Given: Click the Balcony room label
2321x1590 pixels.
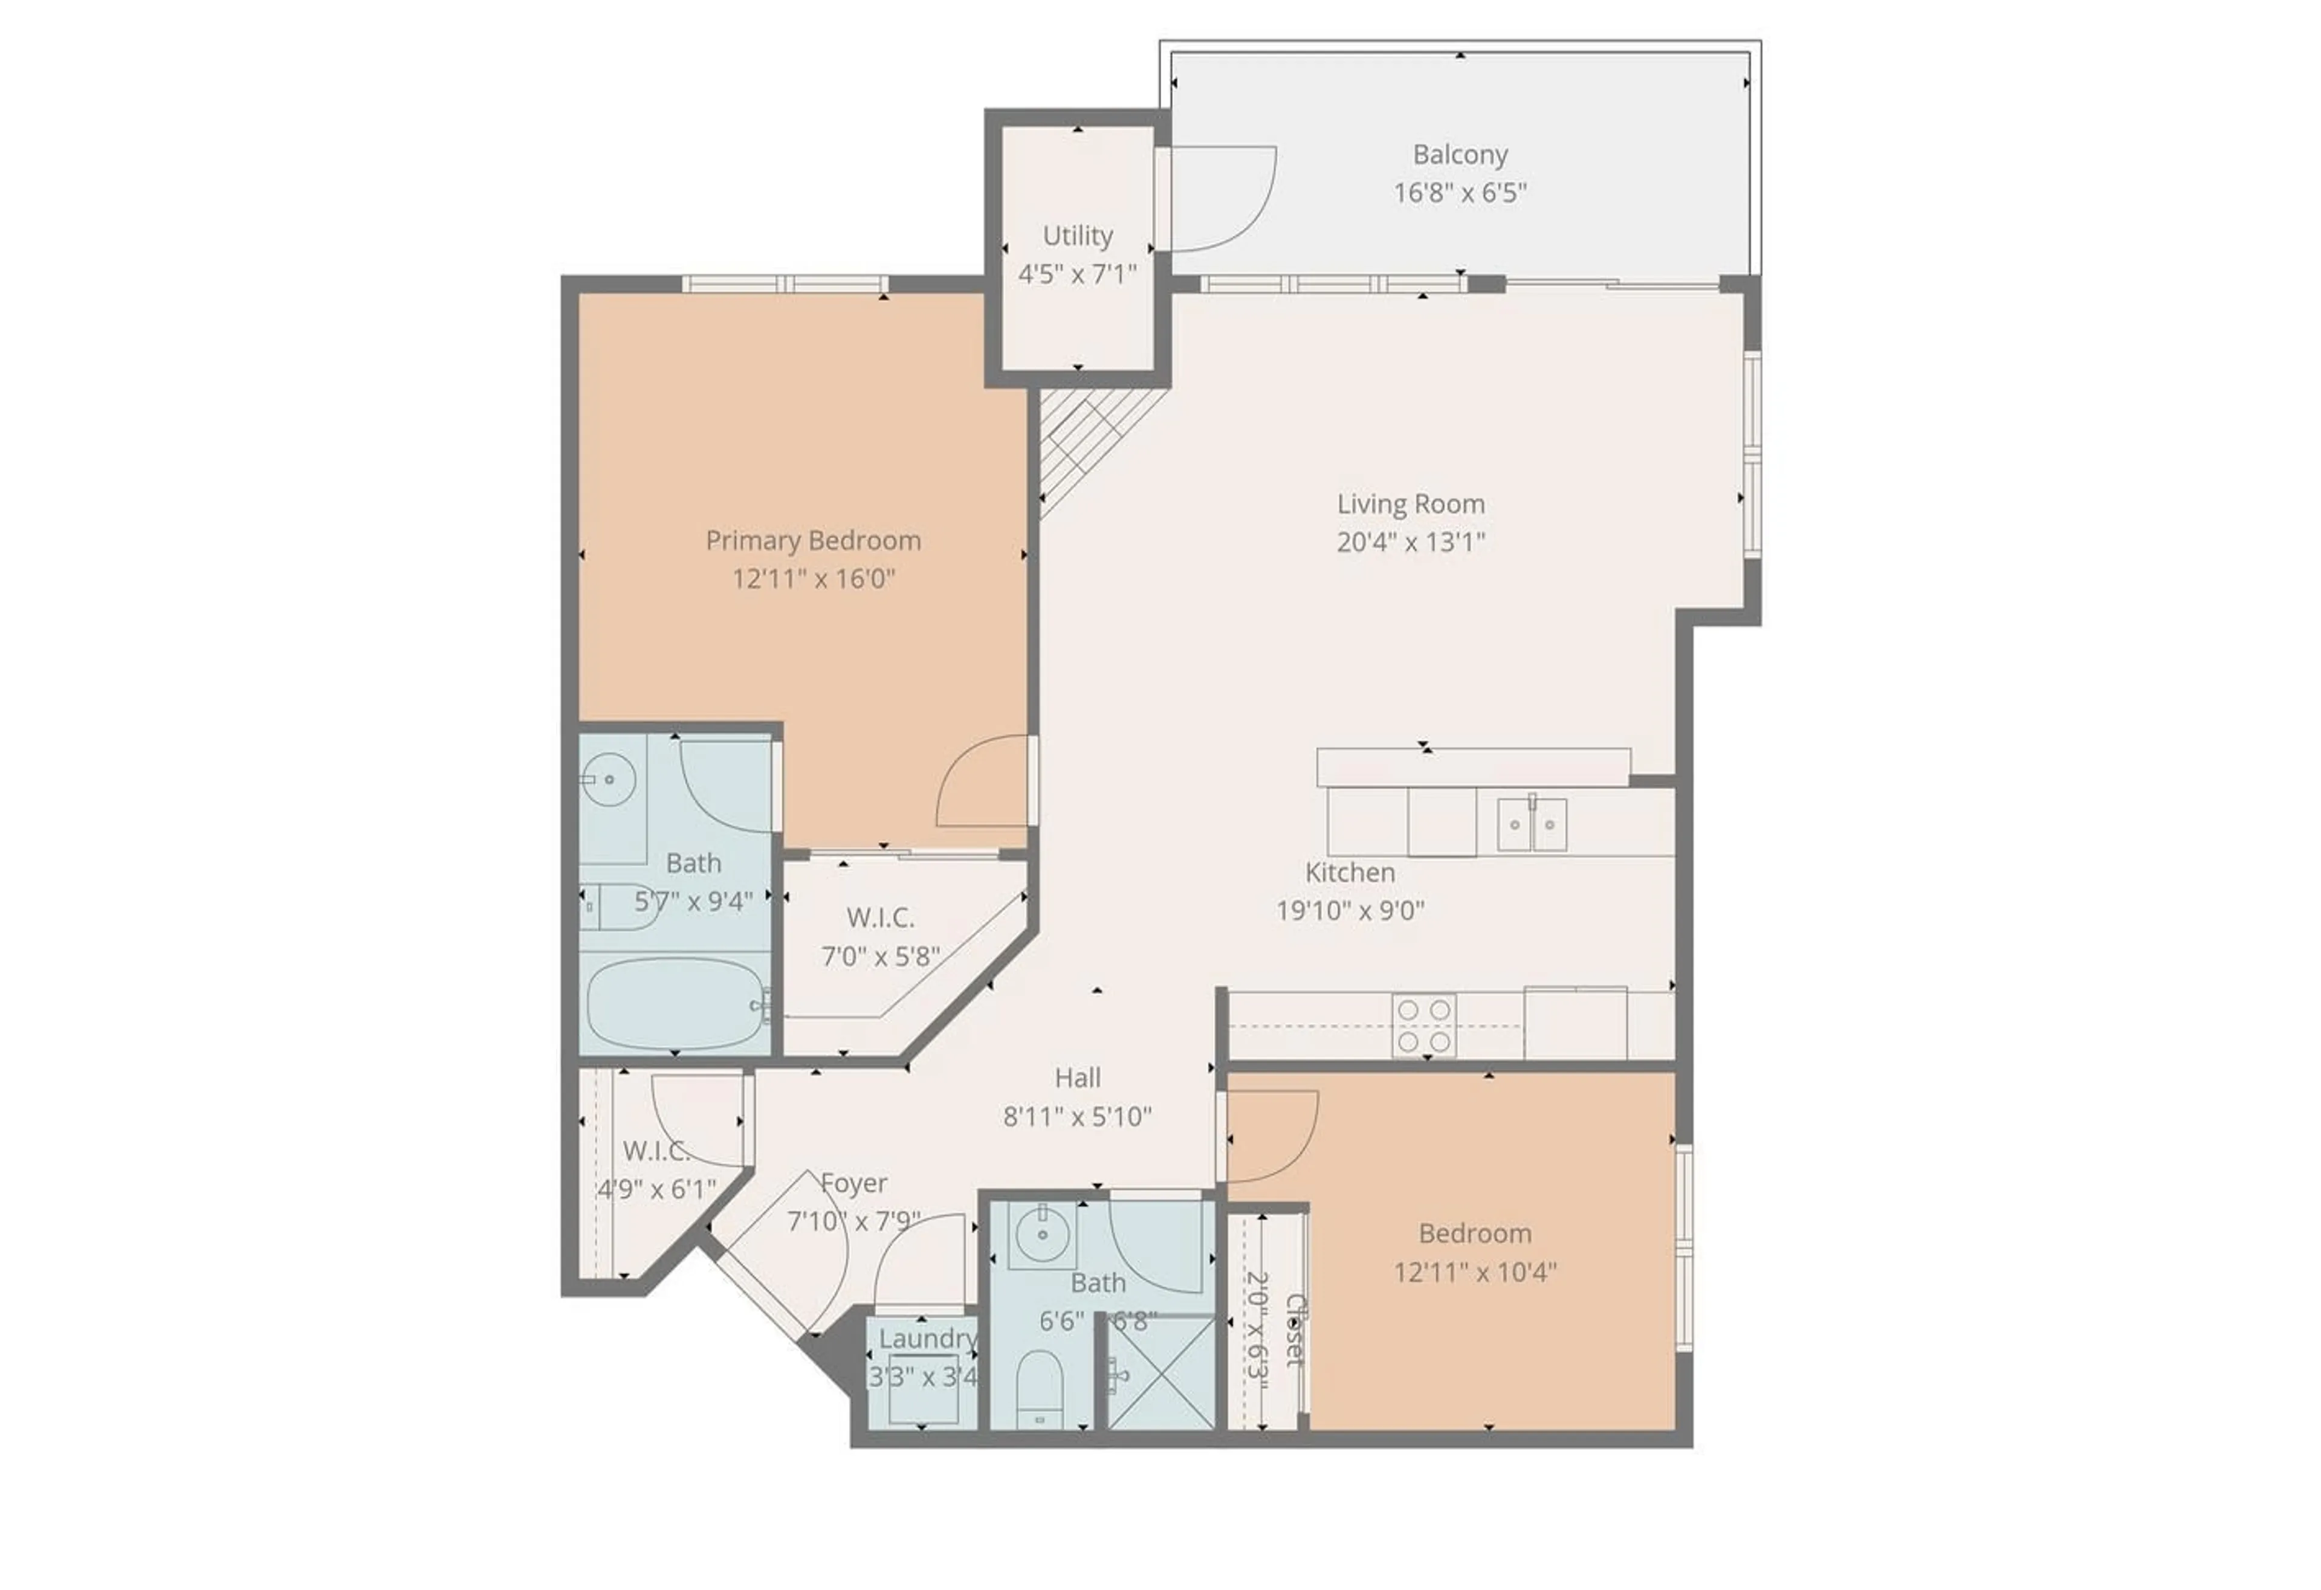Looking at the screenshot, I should pos(1459,155).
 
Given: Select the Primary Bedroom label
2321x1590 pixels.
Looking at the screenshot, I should pos(813,540).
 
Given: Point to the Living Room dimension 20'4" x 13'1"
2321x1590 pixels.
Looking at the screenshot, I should pos(1410,542).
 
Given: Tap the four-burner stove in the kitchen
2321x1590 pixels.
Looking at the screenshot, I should pos(1424,1026).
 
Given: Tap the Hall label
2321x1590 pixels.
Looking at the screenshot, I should pos(1078,1078).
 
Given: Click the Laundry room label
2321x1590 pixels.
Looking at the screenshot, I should pos(927,1339).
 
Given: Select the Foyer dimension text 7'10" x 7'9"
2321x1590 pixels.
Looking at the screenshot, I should pos(854,1221).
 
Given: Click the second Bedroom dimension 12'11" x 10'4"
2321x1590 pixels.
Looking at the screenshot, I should pos(1475,1272).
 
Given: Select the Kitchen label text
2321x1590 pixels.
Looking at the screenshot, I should pos(1349,872).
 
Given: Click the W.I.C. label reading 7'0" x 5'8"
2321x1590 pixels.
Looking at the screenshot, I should pos(880,956).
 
